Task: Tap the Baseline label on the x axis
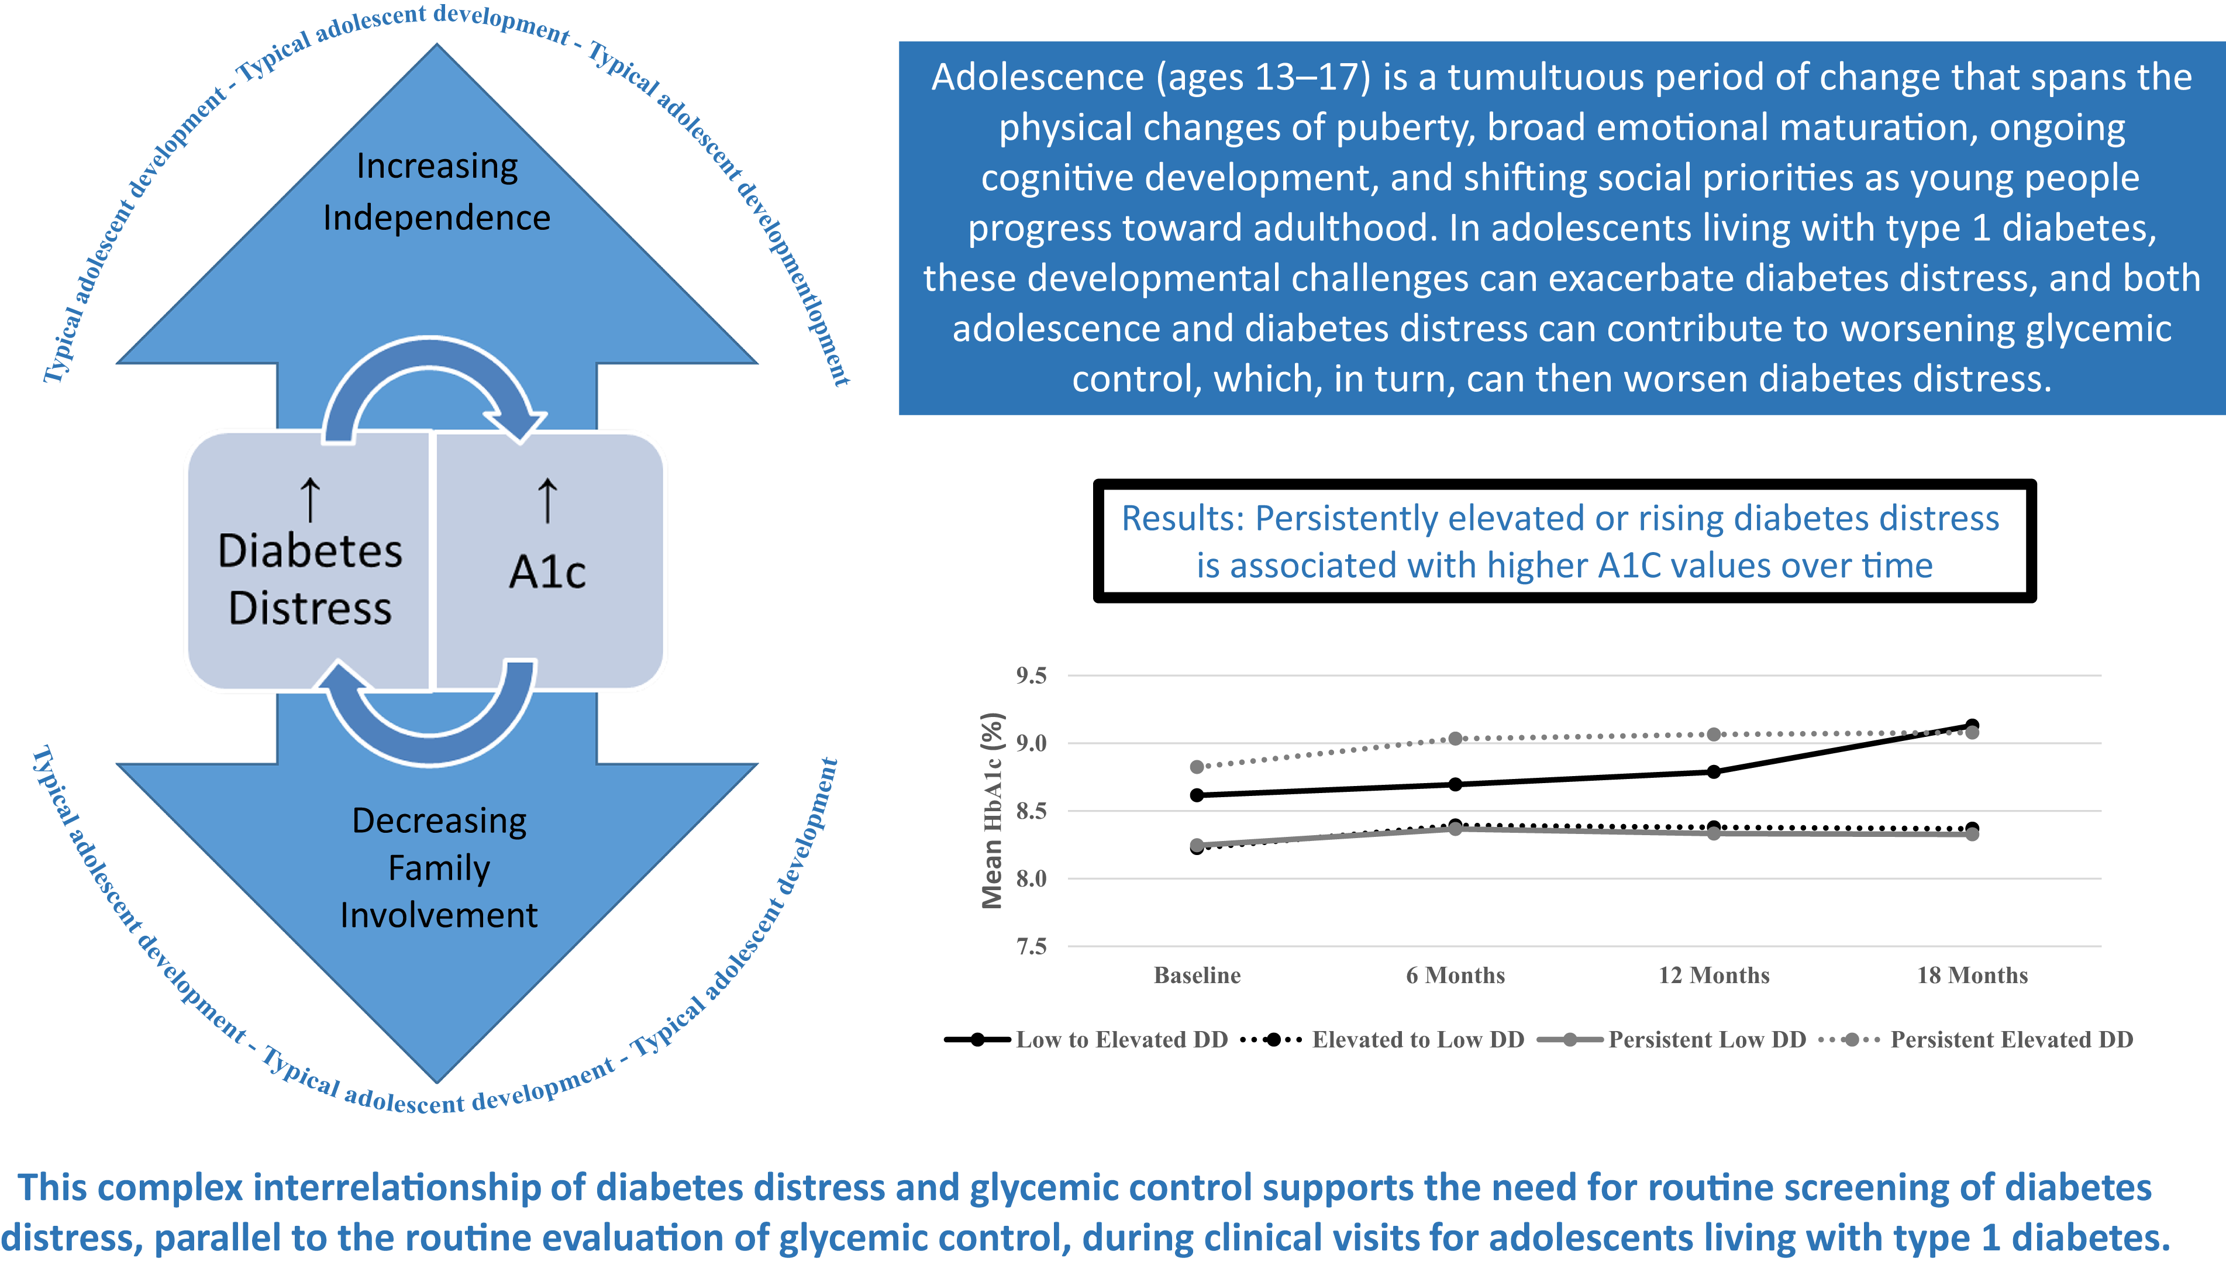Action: tap(1197, 975)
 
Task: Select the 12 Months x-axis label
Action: tap(1714, 975)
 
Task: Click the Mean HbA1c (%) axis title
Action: tap(993, 811)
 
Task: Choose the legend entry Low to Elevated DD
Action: tap(1086, 1039)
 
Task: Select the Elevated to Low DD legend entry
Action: tap(1383, 1039)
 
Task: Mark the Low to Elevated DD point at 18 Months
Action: tap(1972, 725)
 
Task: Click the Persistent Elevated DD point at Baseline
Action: tap(1197, 766)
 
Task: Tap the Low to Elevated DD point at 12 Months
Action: tap(1714, 771)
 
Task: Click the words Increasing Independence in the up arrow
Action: tap(436, 191)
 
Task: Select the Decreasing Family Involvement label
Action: tap(439, 867)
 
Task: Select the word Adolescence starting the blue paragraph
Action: tap(1038, 77)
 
